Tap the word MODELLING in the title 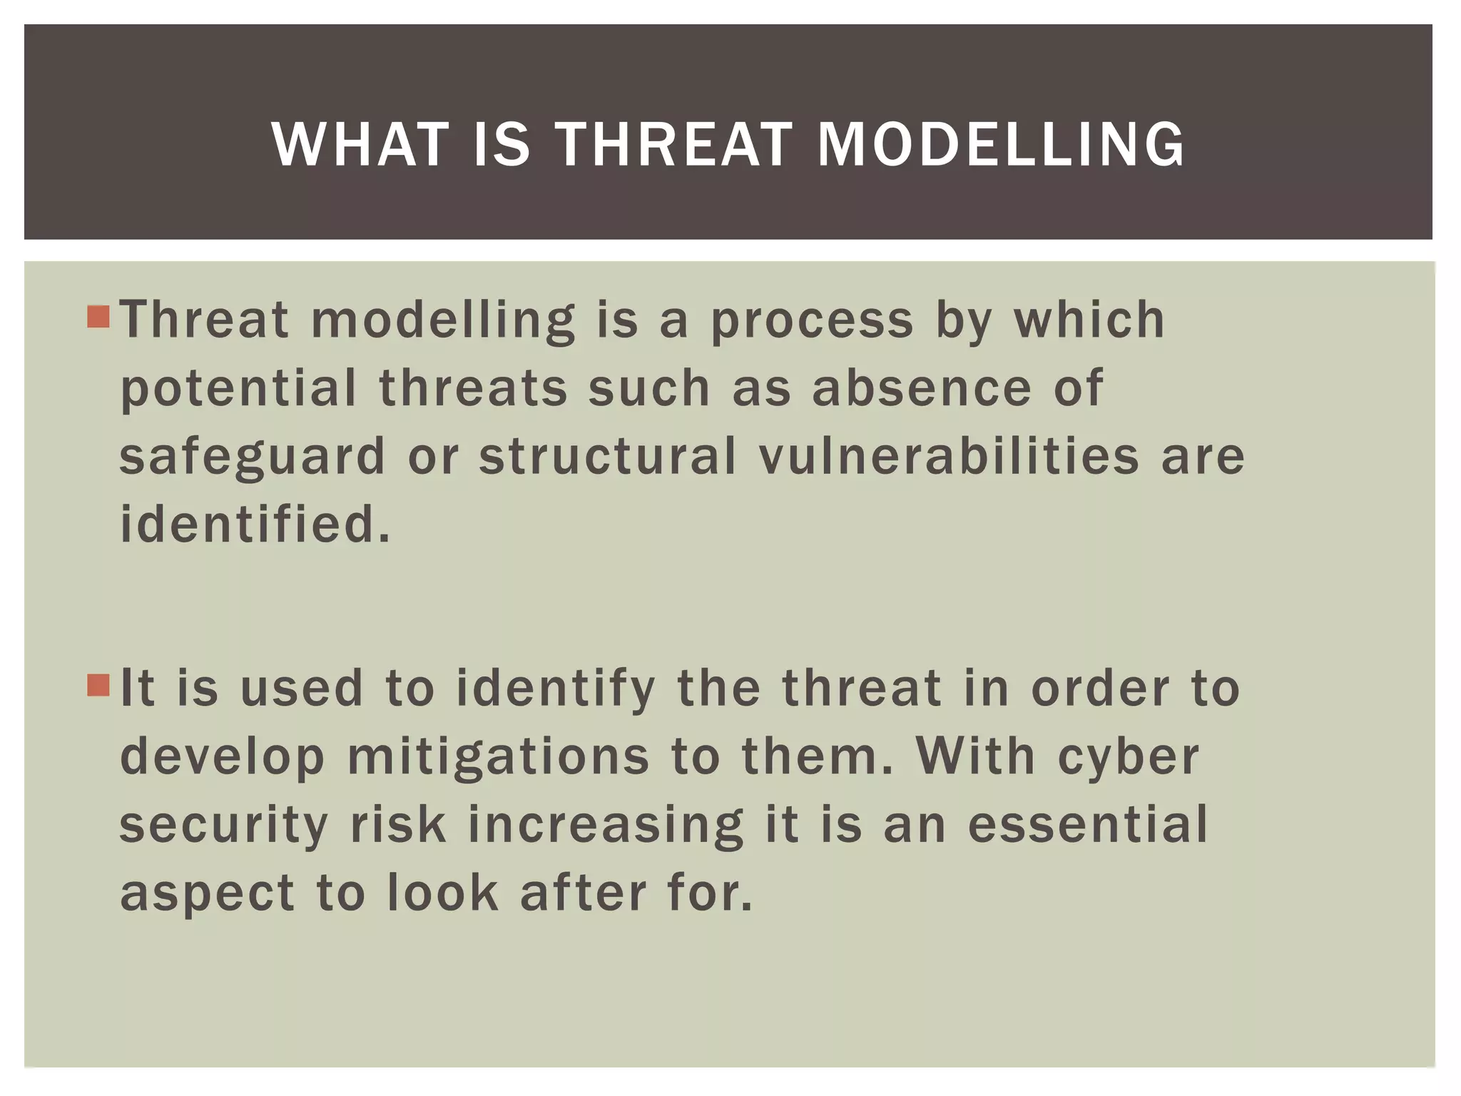coord(1000,145)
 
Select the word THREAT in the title coord(673,145)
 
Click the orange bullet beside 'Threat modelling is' coord(98,317)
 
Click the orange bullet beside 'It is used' coord(98,686)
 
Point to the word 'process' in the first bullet coord(812,321)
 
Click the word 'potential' coord(238,390)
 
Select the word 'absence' coord(922,388)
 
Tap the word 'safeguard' coord(252,458)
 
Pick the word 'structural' coord(607,457)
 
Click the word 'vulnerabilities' coord(949,457)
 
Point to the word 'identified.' coord(255,524)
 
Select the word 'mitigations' coord(498,758)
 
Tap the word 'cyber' coord(1129,758)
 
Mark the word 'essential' coord(1088,825)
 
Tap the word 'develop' coord(222,758)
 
